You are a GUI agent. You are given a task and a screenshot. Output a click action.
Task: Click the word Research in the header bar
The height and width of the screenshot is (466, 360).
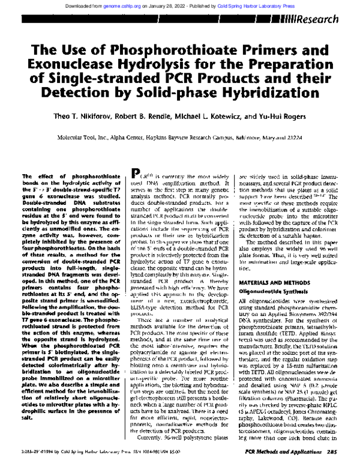point(327,19)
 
